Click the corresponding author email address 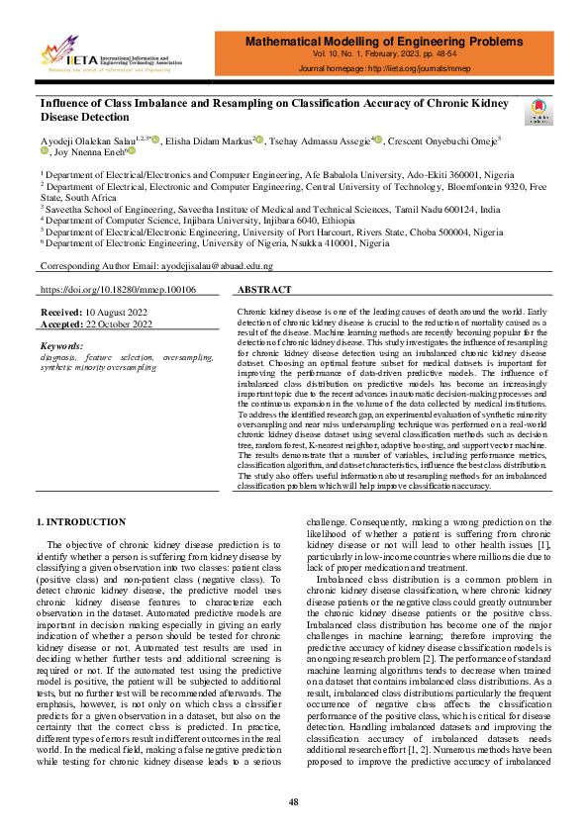click(189, 267)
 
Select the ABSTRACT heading click(266, 290)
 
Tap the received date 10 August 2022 click(125, 312)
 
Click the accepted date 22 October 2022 click(126, 324)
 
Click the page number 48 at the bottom click(294, 802)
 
